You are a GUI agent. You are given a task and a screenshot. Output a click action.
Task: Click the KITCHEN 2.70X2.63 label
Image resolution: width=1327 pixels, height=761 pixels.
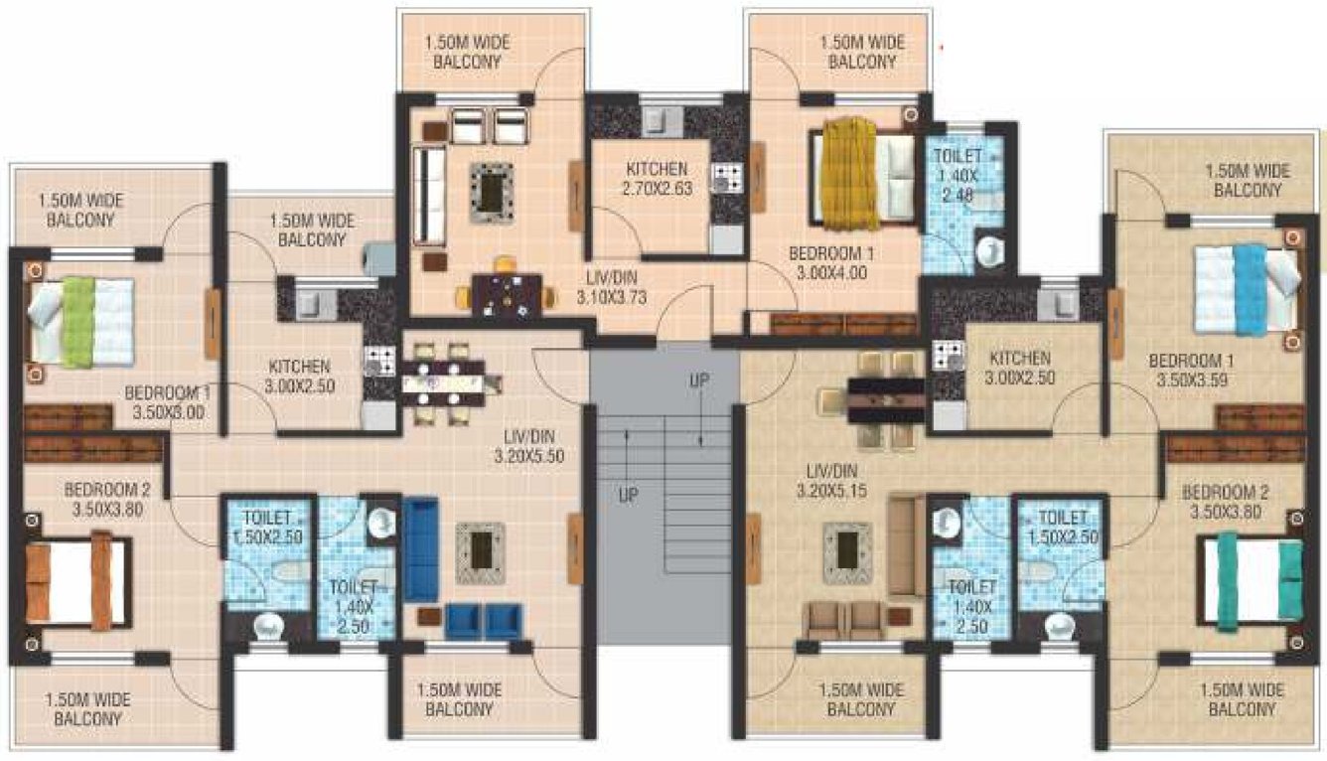tap(657, 178)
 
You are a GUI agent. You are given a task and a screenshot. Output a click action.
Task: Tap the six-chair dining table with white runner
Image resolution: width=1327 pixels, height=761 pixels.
tap(443, 382)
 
